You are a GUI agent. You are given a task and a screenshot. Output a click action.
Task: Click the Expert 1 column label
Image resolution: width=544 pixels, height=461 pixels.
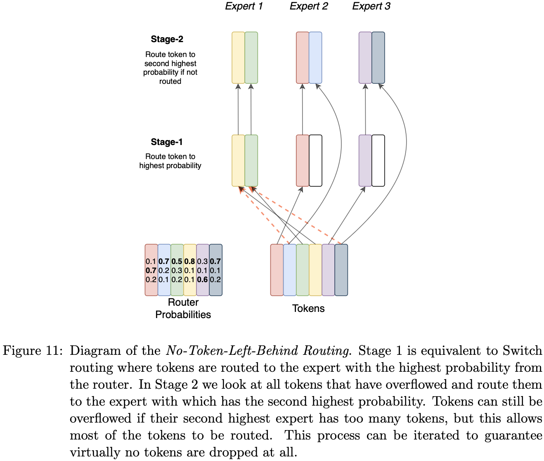(x=244, y=6)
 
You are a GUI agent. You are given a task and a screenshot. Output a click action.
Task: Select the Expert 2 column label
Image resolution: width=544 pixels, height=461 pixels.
(x=308, y=6)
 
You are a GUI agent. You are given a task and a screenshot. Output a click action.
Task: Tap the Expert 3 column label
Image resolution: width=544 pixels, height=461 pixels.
(x=371, y=6)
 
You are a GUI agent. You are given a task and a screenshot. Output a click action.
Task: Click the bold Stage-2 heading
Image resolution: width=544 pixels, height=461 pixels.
(x=167, y=39)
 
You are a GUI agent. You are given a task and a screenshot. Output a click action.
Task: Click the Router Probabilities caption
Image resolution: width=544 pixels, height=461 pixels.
(x=183, y=309)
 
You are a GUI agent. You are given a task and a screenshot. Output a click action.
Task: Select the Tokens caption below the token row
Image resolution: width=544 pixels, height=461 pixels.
(x=308, y=309)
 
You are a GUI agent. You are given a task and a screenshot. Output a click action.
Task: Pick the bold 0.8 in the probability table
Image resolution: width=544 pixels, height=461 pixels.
(x=189, y=261)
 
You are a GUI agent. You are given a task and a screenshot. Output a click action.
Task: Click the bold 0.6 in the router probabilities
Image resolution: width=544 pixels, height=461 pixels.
(x=202, y=280)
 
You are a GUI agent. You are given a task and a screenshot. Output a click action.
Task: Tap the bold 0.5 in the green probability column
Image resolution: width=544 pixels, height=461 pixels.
(x=177, y=261)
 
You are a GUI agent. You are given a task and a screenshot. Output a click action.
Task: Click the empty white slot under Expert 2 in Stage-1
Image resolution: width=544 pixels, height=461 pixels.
(x=315, y=161)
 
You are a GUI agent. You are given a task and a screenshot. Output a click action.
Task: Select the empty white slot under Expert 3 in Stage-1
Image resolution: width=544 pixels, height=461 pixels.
(x=378, y=161)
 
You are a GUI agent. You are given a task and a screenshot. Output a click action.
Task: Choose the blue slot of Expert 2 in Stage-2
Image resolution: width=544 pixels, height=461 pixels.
(x=315, y=58)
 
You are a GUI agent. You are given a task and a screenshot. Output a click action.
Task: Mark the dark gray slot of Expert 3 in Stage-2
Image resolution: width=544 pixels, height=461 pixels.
(x=378, y=58)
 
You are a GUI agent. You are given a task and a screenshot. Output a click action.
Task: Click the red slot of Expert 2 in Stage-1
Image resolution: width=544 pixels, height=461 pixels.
(x=303, y=161)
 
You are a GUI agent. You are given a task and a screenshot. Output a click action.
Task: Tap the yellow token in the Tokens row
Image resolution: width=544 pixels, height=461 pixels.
(x=315, y=270)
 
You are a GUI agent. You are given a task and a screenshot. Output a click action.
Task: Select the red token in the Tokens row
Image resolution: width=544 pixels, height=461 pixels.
(x=277, y=270)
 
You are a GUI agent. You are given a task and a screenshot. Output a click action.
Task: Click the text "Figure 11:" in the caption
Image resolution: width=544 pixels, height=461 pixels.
(x=33, y=351)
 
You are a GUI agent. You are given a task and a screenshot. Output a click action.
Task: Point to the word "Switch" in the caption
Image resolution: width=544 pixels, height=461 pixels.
(x=522, y=351)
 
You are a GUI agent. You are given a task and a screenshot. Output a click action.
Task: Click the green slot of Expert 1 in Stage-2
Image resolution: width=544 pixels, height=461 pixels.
(x=251, y=58)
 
